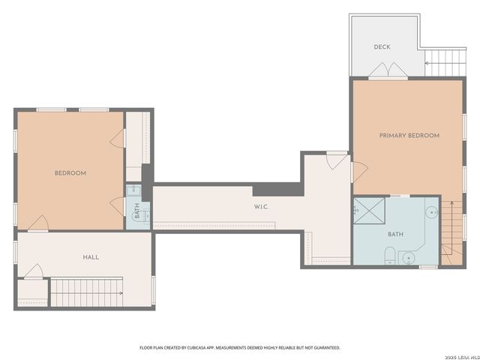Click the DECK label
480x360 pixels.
pos(382,46)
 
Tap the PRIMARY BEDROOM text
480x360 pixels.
pos(409,136)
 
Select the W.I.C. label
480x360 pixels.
pos(262,206)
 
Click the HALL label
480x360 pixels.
pos(91,257)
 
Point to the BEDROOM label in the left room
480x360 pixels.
pos(70,173)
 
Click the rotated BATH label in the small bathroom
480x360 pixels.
pos(137,213)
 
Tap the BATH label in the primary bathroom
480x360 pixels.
pos(395,234)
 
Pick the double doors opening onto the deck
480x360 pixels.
pos(388,72)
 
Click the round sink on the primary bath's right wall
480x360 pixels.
pos(432,213)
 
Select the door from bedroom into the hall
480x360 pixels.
pos(38,223)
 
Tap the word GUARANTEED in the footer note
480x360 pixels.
pos(324,348)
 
